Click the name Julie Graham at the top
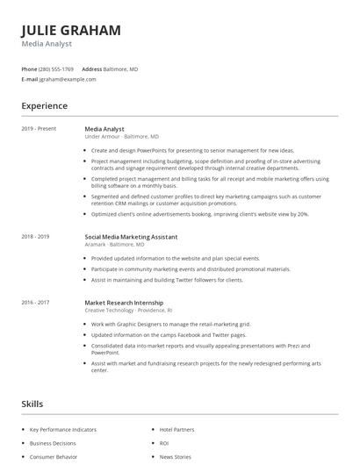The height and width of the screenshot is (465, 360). [x=71, y=30]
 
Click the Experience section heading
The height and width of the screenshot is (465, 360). [x=44, y=106]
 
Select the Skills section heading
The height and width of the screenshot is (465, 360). [x=32, y=404]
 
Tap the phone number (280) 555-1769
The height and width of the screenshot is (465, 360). [x=56, y=68]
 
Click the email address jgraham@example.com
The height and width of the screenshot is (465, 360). [x=68, y=79]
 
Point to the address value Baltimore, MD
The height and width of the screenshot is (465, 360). [x=121, y=68]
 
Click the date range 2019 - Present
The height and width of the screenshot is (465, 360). [x=39, y=128]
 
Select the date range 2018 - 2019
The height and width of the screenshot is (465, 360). [x=35, y=237]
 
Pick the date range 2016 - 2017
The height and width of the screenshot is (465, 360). [x=35, y=302]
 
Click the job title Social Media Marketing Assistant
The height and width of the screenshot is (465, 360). [x=132, y=237]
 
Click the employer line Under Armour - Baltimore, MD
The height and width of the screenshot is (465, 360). [x=121, y=137]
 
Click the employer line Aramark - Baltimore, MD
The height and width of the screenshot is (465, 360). [x=115, y=246]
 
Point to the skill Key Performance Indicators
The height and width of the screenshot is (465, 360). [x=63, y=430]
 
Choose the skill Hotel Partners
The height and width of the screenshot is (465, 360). [x=176, y=430]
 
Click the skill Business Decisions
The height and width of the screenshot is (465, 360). [x=52, y=444]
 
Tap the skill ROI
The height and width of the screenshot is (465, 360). [x=164, y=444]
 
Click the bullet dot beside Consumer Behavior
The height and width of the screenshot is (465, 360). [x=23, y=457]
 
